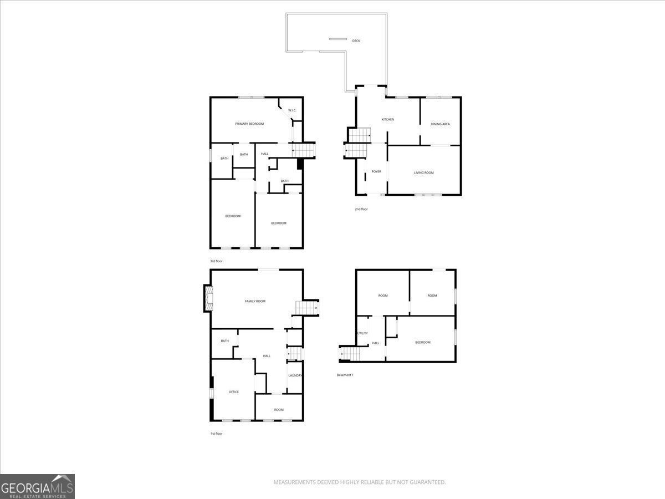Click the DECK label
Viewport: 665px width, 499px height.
[x=356, y=40]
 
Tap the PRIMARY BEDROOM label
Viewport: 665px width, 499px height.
[x=249, y=124]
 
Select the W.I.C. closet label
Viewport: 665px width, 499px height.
[x=292, y=110]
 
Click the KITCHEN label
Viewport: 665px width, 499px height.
[x=387, y=119]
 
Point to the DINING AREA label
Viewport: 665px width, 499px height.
[x=440, y=124]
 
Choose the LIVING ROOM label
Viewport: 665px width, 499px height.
[x=423, y=172]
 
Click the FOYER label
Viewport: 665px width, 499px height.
[x=376, y=171]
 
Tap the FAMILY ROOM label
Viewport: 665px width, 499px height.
[x=255, y=301]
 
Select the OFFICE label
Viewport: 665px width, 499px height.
[x=234, y=392]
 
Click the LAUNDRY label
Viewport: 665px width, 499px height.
[x=295, y=375]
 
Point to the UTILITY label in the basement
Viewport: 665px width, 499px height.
[x=362, y=333]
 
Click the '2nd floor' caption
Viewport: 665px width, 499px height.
[x=361, y=209]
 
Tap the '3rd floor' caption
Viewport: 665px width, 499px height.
[x=216, y=261]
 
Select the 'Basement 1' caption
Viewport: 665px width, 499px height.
[x=345, y=375]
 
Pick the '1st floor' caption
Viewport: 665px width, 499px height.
[x=216, y=434]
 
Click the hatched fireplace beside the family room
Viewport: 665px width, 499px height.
[x=209, y=298]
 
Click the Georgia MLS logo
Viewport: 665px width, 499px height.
[x=37, y=486]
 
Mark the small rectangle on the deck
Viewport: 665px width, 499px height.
[x=338, y=39]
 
